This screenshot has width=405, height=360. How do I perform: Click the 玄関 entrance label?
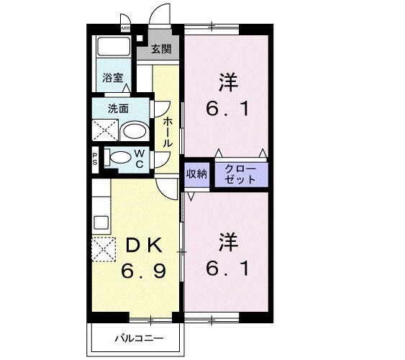161,50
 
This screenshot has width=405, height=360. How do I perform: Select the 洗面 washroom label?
119,109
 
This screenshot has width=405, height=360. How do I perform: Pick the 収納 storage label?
196,174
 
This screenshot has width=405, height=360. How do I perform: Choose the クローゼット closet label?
240,174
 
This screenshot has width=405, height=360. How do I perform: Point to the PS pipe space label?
95,157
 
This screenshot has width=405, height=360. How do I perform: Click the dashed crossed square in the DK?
103,250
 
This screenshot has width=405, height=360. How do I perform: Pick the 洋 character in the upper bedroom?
227,81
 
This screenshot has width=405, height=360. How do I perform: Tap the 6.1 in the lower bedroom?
227,268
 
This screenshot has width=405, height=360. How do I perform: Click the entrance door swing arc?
160,14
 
